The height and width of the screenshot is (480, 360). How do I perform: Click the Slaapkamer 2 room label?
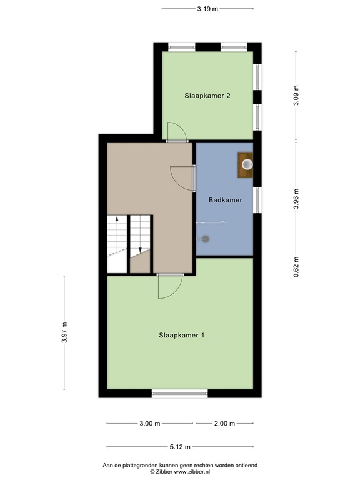(x=207, y=96)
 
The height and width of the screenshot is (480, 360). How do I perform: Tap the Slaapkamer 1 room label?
(x=181, y=335)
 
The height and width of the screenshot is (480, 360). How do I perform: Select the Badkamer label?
(x=225, y=200)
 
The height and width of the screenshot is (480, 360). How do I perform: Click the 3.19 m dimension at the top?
(x=207, y=9)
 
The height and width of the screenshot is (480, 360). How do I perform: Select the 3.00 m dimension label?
(x=149, y=424)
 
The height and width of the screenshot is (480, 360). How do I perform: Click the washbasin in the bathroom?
(x=246, y=165)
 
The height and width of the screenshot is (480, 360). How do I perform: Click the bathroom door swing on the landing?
(x=182, y=177)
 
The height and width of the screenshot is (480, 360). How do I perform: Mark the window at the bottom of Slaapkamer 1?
(x=180, y=394)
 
